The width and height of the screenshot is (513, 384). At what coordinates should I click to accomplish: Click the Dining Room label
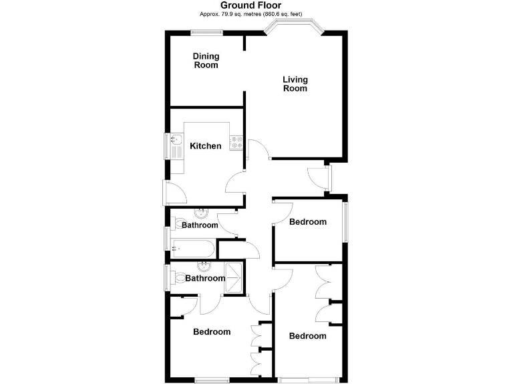(206, 61)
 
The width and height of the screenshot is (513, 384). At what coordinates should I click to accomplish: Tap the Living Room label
(295, 84)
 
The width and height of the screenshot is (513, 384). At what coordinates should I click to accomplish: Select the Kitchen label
(205, 146)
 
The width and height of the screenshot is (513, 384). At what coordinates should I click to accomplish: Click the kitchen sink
(177, 140)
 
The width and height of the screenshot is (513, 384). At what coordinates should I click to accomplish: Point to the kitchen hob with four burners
(236, 142)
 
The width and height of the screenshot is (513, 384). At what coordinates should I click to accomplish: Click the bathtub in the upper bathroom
(192, 250)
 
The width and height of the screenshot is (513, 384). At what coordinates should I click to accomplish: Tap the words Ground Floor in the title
(256, 5)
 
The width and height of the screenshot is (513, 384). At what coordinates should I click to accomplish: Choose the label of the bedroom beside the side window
(307, 221)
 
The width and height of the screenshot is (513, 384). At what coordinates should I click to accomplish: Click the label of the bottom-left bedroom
(212, 331)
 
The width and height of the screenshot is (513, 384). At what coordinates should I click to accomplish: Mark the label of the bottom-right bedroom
(307, 335)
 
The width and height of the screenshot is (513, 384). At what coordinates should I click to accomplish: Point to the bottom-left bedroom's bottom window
(212, 381)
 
